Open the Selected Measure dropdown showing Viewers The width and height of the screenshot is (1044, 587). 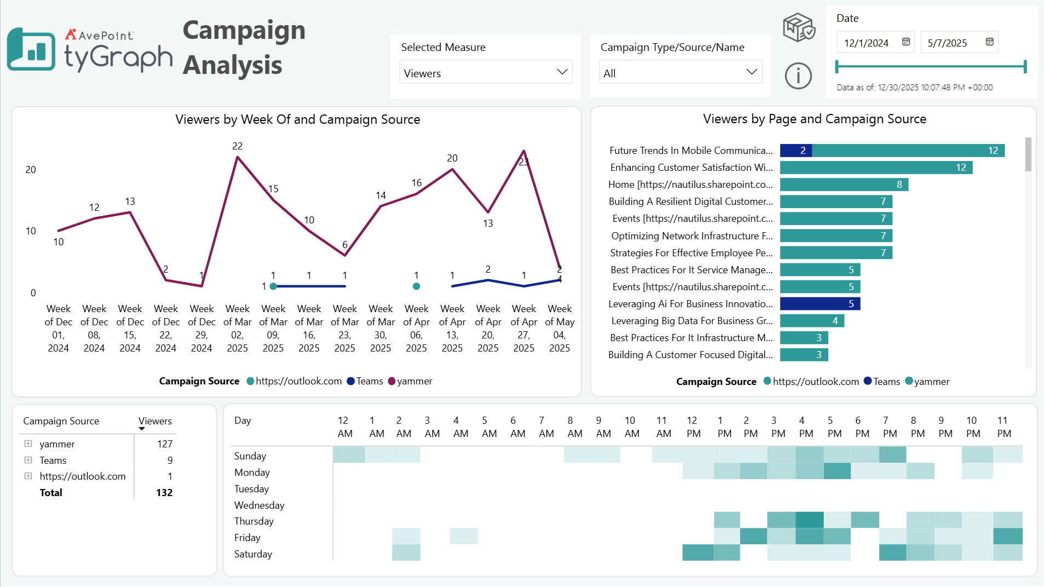[486, 73]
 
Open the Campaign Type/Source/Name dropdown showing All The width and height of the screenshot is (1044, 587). [680, 73]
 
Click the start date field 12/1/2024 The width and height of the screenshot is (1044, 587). [866, 43]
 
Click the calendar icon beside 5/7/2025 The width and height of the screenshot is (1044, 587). [989, 42]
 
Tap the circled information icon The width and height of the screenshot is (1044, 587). [798, 76]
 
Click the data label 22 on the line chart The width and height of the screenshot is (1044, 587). [237, 146]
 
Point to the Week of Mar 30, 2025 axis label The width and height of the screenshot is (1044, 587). [380, 328]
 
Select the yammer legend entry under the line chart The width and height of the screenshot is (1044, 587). [410, 381]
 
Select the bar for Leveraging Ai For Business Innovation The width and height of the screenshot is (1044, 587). [820, 304]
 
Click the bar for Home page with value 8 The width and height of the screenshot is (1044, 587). [844, 185]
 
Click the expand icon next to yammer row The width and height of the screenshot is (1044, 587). [28, 444]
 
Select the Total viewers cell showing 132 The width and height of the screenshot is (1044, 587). [164, 493]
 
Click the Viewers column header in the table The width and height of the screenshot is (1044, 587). [155, 421]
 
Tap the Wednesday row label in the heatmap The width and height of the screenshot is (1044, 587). [259, 505]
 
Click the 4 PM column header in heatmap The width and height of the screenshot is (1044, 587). [805, 427]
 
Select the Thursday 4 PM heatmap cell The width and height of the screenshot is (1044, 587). [809, 520]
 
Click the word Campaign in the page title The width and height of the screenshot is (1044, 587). [244, 30]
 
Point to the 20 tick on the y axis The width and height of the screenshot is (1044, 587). [31, 170]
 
